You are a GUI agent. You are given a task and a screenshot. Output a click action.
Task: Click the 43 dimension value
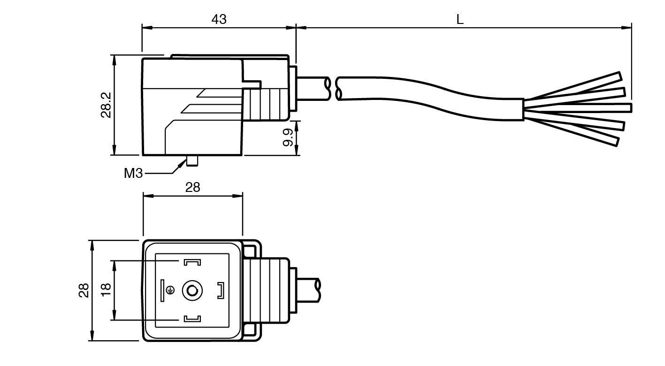point(219,19)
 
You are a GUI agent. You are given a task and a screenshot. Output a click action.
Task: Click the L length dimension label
point(460,20)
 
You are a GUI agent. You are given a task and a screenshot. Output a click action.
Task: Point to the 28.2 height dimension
point(106,105)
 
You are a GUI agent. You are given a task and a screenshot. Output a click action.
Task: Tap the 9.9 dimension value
point(288,137)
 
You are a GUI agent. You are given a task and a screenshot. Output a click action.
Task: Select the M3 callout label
point(133,174)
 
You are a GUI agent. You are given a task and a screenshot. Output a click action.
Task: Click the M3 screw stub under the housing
point(192,160)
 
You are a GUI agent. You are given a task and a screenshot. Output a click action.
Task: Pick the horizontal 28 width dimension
point(192,188)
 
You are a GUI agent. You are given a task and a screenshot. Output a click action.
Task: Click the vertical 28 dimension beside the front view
point(84,290)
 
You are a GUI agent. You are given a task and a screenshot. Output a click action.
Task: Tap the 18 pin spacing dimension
point(106,290)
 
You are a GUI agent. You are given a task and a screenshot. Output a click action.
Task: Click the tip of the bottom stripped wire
point(616,141)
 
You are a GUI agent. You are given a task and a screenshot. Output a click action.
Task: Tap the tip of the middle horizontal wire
point(629,108)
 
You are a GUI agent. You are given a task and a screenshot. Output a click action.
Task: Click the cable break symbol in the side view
point(334,89)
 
